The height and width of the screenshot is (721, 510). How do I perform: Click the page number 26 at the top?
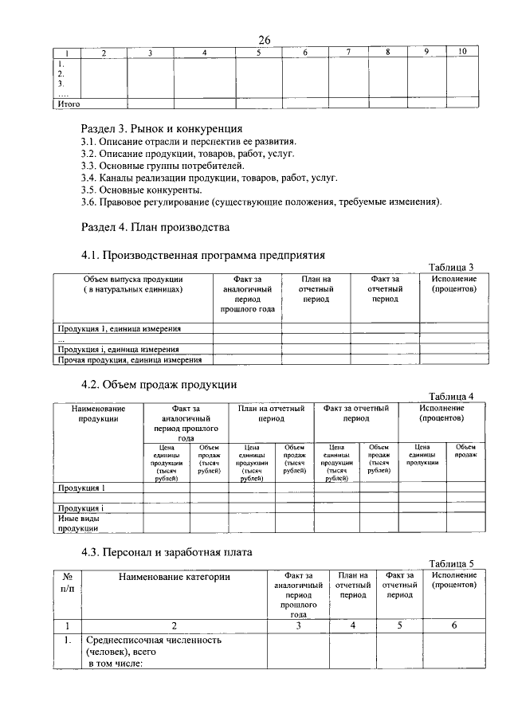pos(265,40)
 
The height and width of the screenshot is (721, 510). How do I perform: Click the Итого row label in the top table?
pos(67,104)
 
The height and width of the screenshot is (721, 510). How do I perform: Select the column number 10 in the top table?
pos(461,53)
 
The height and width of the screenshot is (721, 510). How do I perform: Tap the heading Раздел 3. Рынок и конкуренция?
pos(162,128)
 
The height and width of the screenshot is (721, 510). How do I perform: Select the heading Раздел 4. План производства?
pos(155,227)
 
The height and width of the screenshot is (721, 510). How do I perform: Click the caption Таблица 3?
pos(451,267)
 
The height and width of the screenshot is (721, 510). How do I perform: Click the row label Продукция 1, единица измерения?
pos(120,328)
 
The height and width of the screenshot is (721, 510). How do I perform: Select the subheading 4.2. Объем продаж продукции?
pos(159,384)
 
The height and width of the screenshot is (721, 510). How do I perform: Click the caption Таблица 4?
pos(451,396)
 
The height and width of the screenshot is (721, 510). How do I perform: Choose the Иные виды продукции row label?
pos(77,523)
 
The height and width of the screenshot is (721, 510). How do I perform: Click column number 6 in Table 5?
pos(453,625)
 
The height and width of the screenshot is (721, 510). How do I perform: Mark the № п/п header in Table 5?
pos(66,581)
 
